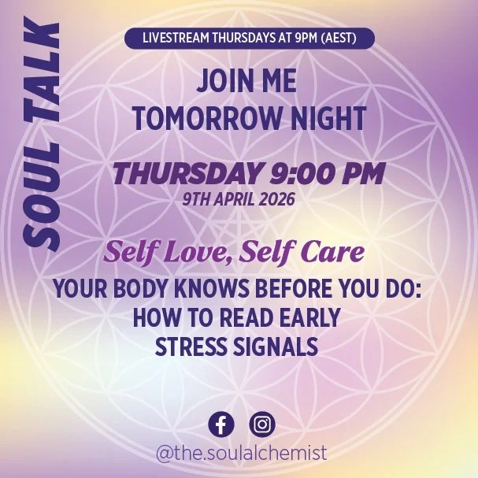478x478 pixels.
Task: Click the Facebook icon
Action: (x=221, y=424)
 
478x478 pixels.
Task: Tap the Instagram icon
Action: (x=262, y=424)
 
